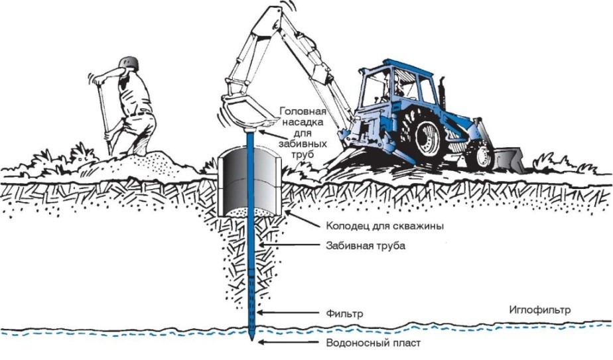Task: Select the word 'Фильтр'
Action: [344, 313]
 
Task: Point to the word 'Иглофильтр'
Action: [539, 310]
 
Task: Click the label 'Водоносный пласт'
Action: [374, 343]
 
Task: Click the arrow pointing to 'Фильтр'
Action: [268, 313]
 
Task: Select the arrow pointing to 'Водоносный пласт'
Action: [269, 343]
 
